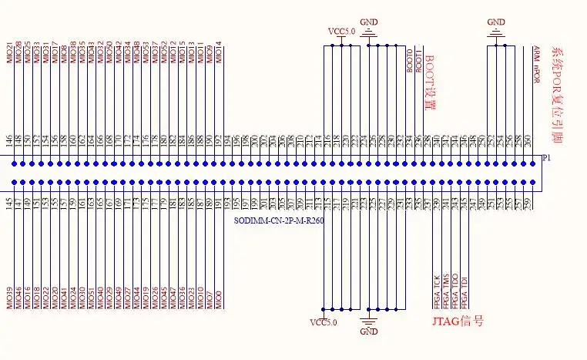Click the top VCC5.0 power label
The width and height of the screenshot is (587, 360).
(342, 32)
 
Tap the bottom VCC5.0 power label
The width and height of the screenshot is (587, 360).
(324, 321)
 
